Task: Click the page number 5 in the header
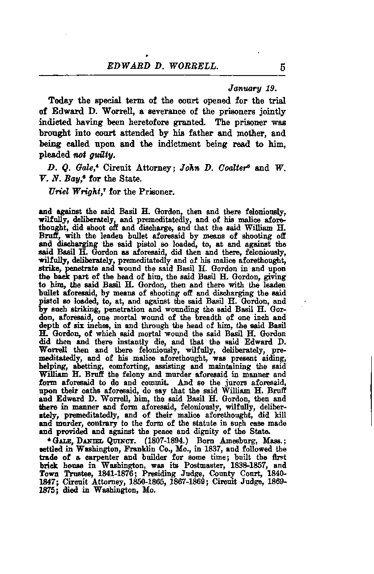pos(283,67)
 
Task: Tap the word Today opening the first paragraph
pos(61,100)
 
